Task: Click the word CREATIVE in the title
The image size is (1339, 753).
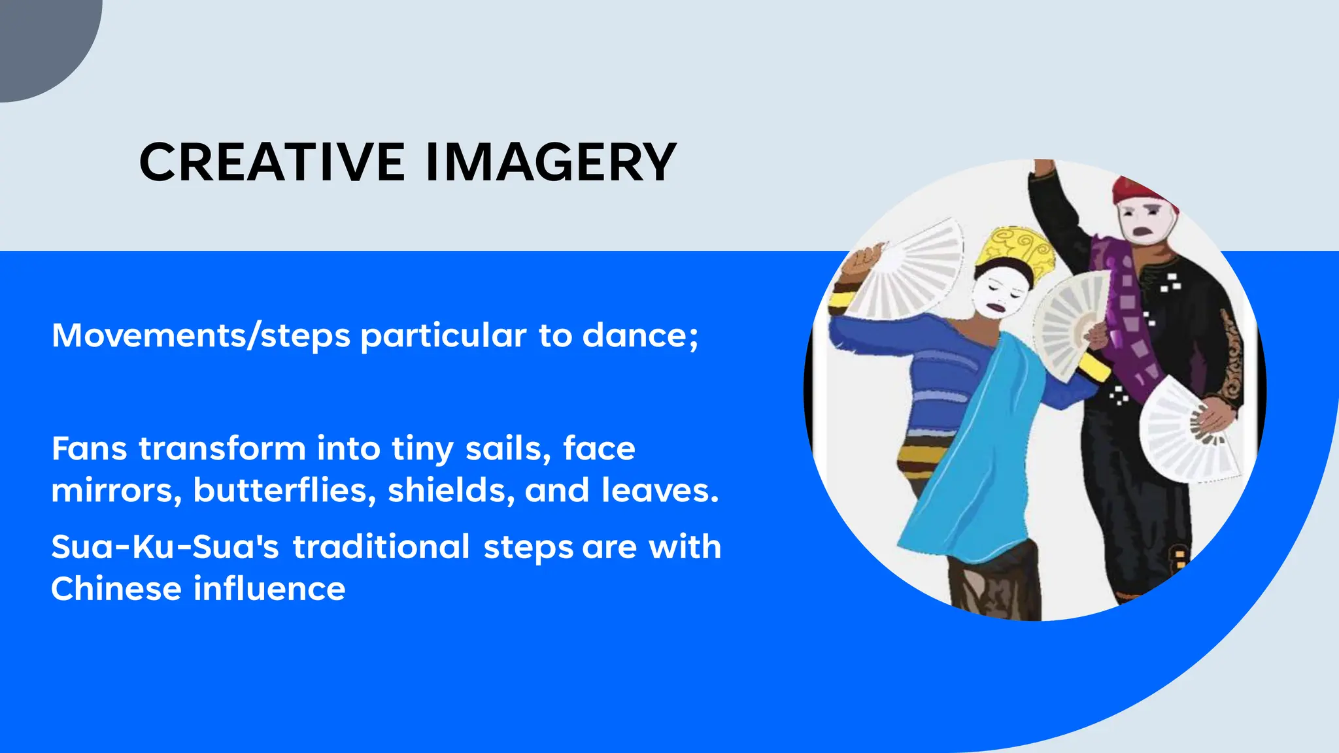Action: tap(272, 163)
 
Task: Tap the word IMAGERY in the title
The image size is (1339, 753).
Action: tap(551, 163)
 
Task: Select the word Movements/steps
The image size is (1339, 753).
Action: tap(201, 336)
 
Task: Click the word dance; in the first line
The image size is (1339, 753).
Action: tap(640, 336)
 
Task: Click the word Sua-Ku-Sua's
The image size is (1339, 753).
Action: tap(165, 547)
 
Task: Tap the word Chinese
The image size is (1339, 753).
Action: tap(116, 589)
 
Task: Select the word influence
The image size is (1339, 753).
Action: tap(269, 589)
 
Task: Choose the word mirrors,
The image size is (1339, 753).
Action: tap(116, 490)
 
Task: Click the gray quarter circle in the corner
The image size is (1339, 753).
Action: tap(39, 39)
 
